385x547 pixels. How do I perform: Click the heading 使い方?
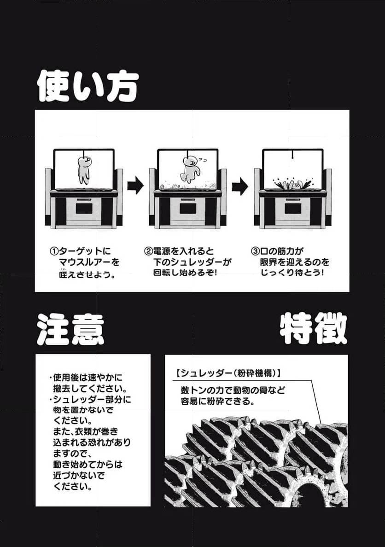pos(87,86)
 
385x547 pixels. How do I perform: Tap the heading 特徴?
pos(313,329)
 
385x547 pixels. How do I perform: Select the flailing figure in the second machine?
pos(189,169)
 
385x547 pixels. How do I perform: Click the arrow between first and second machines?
pos(135,186)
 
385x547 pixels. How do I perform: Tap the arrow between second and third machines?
pos(240,186)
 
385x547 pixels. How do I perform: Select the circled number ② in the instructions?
pos(148,252)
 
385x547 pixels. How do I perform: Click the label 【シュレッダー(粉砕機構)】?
pos(228,372)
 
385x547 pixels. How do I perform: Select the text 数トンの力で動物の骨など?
pos(233,390)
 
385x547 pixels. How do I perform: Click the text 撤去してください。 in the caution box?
pos(90,387)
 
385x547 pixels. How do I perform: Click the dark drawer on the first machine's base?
pos(83,208)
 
